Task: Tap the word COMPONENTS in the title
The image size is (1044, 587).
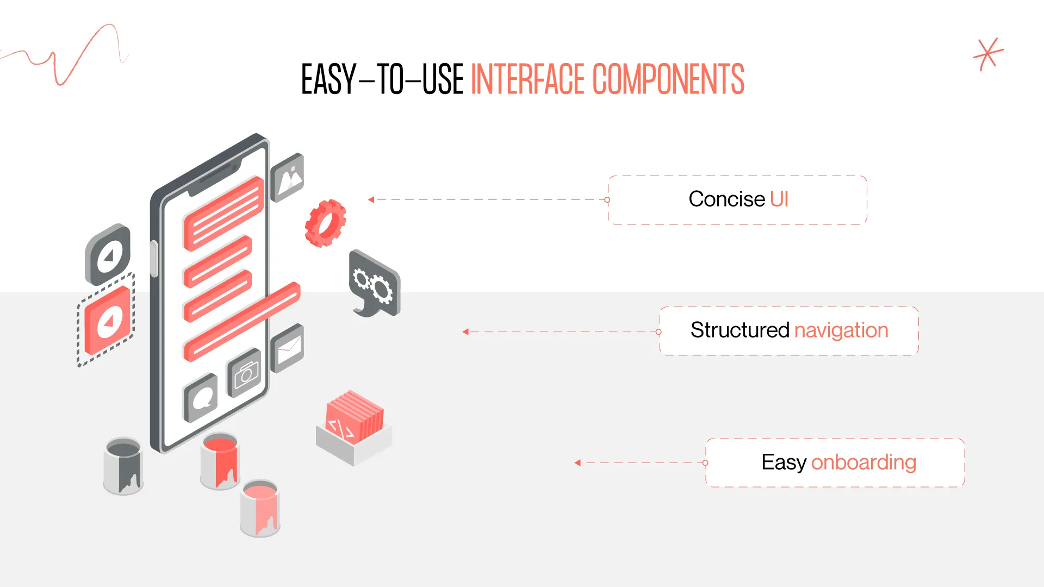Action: tap(668, 80)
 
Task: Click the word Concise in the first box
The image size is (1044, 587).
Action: tap(726, 199)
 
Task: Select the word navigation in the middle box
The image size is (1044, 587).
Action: tap(841, 330)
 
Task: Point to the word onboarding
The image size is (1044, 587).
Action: tap(863, 463)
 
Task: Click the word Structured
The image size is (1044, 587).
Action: tap(739, 330)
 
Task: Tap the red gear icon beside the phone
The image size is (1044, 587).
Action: tap(325, 223)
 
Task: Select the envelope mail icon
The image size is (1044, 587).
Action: tap(288, 348)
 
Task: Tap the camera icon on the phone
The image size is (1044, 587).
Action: tap(245, 373)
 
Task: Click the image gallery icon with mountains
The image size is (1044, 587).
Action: tap(288, 177)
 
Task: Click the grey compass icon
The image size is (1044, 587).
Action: tap(108, 255)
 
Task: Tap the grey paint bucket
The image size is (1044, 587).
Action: tap(123, 466)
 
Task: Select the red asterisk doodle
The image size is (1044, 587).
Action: tap(987, 54)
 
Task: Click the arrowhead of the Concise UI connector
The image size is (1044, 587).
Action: tap(371, 200)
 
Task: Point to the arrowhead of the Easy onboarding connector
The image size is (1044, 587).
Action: tap(577, 463)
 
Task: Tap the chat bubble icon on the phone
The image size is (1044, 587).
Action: tap(202, 398)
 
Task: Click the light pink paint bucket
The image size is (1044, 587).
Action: tap(260, 508)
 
